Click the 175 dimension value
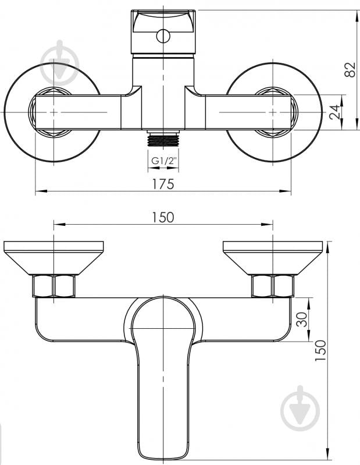tap(163, 184)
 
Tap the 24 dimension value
tap(335, 112)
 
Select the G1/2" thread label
tap(164, 161)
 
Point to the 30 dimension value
tap(302, 319)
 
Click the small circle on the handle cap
tap(163, 37)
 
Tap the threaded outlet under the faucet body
tap(163, 139)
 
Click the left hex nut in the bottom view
tap(54, 286)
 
